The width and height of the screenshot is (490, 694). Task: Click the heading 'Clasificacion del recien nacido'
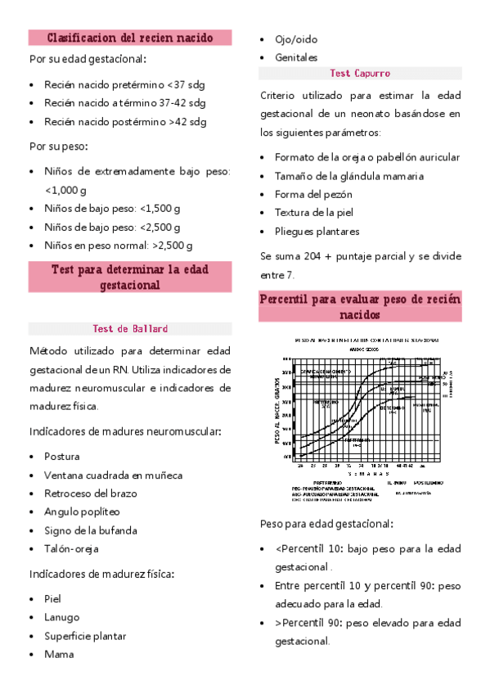131,38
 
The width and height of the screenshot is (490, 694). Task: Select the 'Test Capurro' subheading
360,73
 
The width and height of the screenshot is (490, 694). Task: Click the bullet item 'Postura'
62,457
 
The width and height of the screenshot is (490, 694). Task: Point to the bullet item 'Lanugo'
62,617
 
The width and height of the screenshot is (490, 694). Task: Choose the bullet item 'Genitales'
296,57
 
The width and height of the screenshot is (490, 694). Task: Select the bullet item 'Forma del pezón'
313,194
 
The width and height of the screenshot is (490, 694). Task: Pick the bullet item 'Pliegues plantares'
317,232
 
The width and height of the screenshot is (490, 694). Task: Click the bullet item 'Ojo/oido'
296,39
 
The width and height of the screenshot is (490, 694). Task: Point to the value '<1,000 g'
68,190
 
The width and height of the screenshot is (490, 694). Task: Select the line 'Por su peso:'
58,146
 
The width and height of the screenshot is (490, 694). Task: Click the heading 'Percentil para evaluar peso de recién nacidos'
360,307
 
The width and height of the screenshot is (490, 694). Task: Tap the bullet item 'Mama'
58,654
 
